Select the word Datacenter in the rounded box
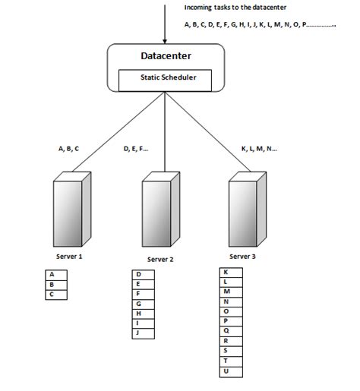(x=166, y=57)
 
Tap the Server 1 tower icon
(x=72, y=207)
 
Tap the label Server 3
(x=245, y=257)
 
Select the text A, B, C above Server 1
(x=69, y=149)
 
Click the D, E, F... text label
(x=136, y=149)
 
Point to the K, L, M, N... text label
(x=259, y=149)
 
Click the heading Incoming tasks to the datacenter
(x=235, y=8)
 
